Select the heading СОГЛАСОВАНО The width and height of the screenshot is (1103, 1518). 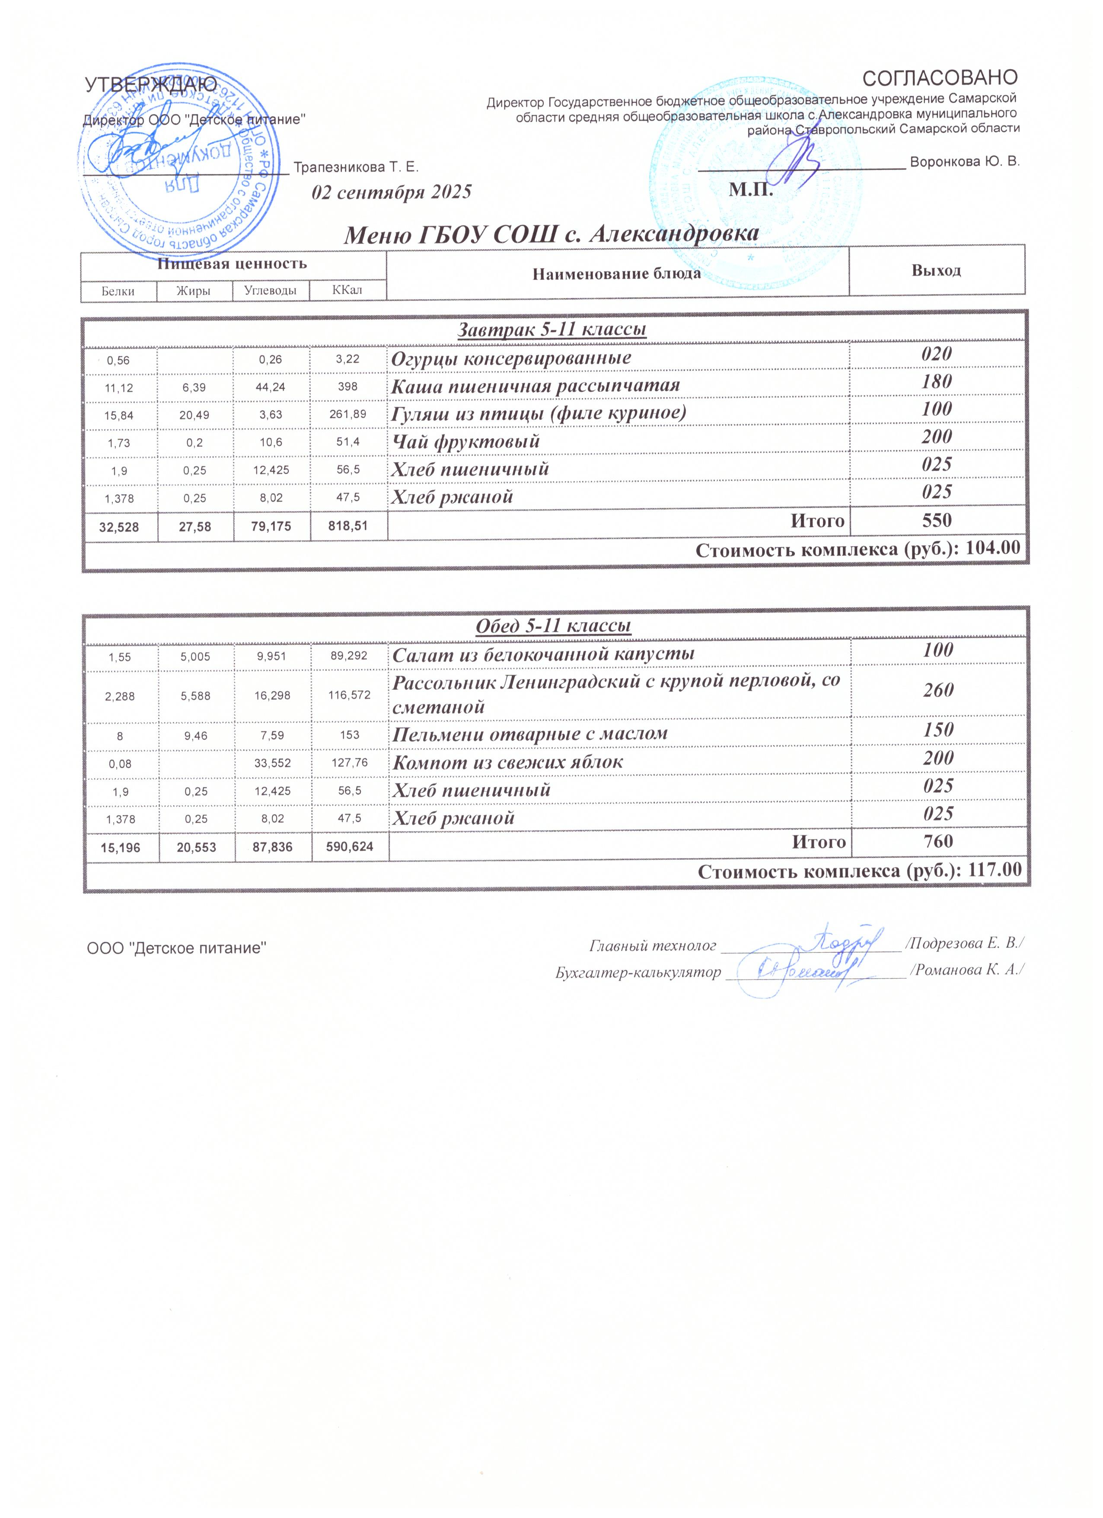(940, 78)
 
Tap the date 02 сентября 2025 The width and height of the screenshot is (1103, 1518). (392, 193)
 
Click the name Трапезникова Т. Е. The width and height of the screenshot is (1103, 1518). (356, 167)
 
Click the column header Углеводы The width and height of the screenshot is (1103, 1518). (271, 291)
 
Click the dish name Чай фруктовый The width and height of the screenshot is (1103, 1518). (465, 442)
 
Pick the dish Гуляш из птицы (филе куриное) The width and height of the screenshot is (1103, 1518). (539, 413)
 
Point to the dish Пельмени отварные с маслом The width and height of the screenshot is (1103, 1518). (530, 734)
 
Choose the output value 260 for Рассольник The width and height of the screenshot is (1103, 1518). (938, 691)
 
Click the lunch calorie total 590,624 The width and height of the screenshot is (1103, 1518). (349, 847)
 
